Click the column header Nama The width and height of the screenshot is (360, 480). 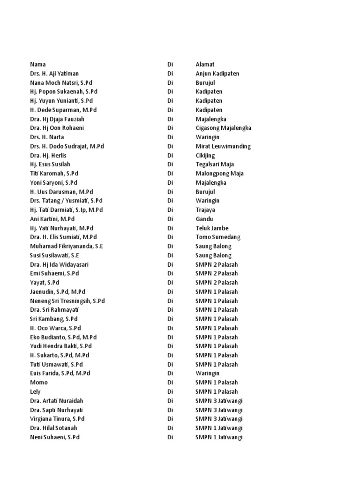click(x=38, y=64)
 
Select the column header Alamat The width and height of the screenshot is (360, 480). click(x=205, y=64)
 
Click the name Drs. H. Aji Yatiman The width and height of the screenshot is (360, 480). click(x=54, y=74)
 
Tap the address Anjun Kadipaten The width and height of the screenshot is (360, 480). click(x=217, y=74)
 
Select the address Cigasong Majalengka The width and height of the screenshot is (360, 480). click(x=223, y=128)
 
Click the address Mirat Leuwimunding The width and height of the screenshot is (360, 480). click(x=223, y=146)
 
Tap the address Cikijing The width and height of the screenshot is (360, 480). click(x=205, y=155)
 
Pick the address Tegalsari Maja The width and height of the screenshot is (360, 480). click(x=215, y=165)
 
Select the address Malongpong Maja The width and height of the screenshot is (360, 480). click(x=219, y=173)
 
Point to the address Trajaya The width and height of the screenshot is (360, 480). click(x=205, y=210)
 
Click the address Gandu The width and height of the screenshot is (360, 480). click(x=204, y=219)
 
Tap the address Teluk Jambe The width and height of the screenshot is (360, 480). click(x=212, y=228)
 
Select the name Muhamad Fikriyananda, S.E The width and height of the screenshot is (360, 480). click(x=67, y=246)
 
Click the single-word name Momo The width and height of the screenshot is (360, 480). click(x=39, y=382)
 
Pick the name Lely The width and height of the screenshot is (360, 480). click(x=36, y=391)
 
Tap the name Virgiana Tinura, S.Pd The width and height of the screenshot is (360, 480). click(x=57, y=419)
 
